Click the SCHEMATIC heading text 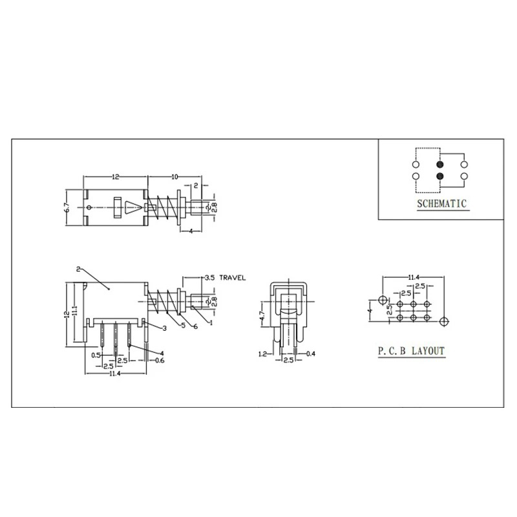point(442,204)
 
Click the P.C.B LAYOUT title point(411,350)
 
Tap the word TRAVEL point(233,278)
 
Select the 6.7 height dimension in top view point(67,207)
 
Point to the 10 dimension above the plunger point(174,177)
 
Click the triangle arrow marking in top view point(134,207)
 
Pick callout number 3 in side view point(165,328)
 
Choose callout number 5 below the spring point(184,325)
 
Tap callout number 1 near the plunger point(211,322)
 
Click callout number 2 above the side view point(78,269)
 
